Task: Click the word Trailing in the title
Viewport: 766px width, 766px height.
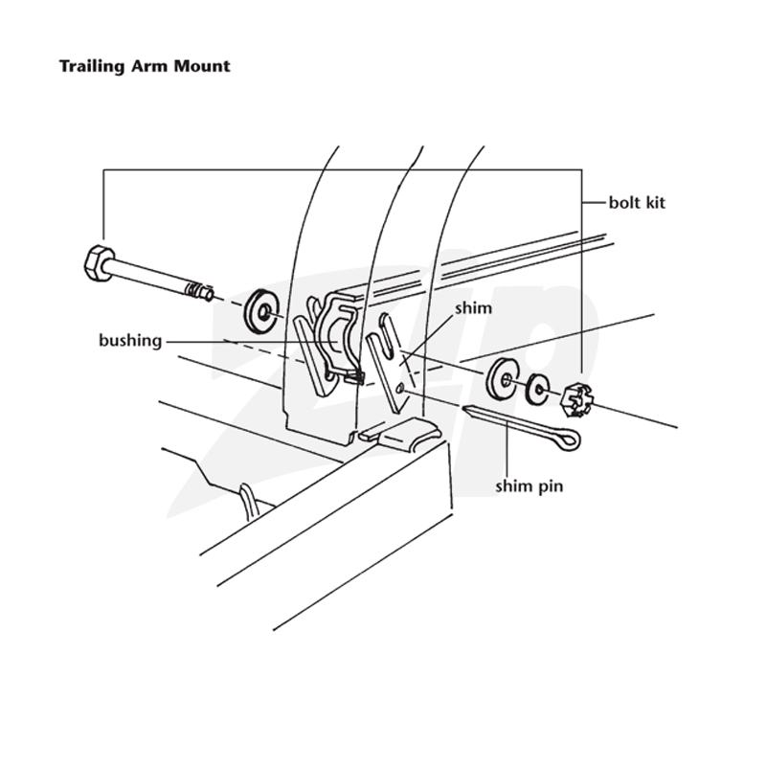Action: tap(92, 67)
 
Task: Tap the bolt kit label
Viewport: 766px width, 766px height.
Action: tap(637, 202)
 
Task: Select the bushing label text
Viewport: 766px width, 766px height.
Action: tap(130, 341)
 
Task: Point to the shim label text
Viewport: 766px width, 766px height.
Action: tap(473, 308)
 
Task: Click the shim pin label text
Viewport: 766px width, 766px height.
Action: tap(529, 486)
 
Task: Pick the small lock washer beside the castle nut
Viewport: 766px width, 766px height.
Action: tap(537, 390)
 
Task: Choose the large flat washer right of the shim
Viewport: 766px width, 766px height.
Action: tap(502, 378)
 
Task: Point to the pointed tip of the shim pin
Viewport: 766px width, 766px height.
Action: tap(465, 409)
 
